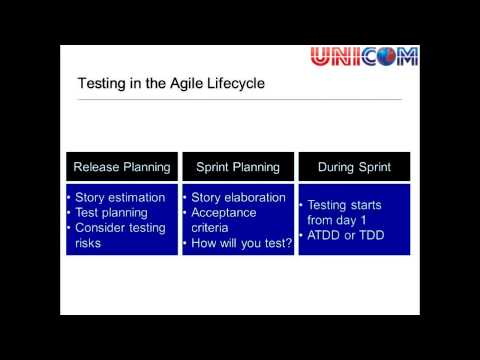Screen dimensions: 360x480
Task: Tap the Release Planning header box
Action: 121,167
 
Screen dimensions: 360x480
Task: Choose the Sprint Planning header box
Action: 238,167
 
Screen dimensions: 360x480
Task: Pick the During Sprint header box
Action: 354,167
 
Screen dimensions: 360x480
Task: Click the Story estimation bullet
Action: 120,198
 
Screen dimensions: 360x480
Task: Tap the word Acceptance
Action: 224,212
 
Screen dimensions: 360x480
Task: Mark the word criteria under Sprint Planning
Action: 212,227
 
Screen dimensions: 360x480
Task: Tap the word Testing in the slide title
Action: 104,84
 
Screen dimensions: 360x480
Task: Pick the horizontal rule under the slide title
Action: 240,99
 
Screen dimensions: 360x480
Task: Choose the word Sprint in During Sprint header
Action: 377,167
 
